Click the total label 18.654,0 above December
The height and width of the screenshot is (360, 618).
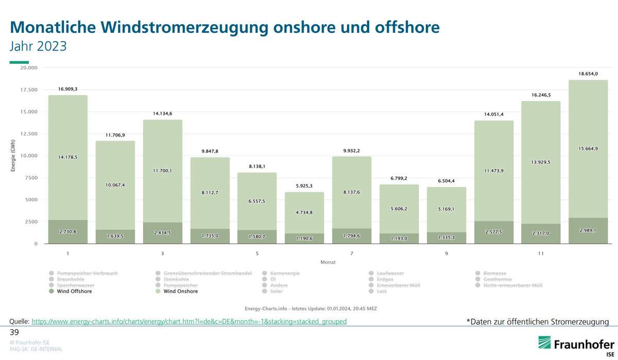click(x=588, y=74)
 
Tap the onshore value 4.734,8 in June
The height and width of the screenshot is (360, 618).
click(x=304, y=212)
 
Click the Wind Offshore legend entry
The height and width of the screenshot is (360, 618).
click(x=74, y=292)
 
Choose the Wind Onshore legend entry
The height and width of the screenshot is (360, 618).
click(x=180, y=292)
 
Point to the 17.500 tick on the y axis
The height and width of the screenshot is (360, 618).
click(x=29, y=90)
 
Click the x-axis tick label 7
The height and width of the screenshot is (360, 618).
click(x=352, y=253)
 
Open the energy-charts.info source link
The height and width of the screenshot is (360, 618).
click(x=189, y=321)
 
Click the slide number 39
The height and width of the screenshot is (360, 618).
click(x=14, y=333)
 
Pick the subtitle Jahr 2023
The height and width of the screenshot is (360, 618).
click(x=38, y=46)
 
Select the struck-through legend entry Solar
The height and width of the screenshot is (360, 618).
click(x=276, y=292)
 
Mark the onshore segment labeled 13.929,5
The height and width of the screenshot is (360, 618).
click(x=541, y=162)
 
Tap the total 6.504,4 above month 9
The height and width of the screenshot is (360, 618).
click(x=446, y=181)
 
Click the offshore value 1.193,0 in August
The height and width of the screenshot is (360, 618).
click(x=399, y=238)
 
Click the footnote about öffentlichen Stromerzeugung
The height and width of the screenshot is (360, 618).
click(x=537, y=322)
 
